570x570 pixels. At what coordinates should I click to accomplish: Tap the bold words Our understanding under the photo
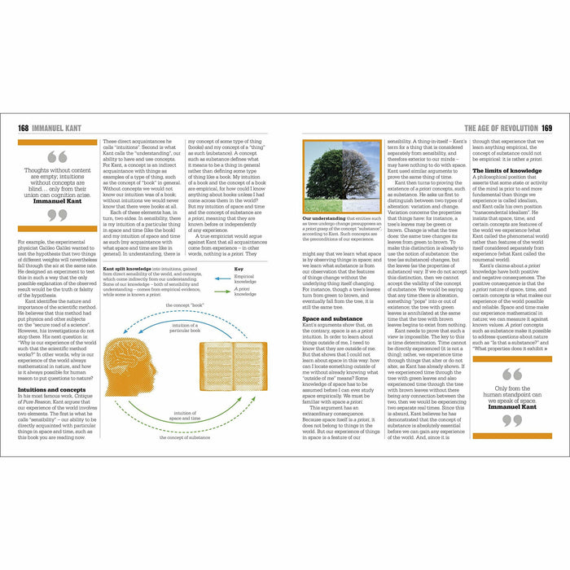pyautogui.click(x=325, y=219)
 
